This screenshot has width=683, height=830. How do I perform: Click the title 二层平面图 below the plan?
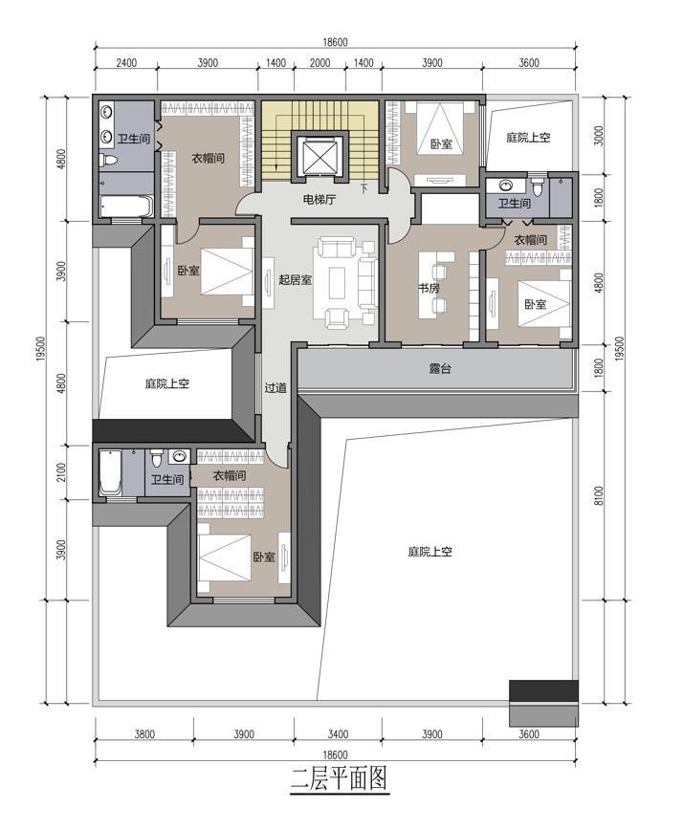340,778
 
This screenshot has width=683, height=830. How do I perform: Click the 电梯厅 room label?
319,200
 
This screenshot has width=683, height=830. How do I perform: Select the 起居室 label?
295,279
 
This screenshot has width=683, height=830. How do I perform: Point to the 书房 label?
429,289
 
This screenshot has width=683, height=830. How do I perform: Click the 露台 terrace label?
440,368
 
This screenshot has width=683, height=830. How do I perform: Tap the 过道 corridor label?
275,387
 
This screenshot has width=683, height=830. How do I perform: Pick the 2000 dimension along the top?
319,63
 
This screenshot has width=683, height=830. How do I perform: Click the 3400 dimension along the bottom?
338,734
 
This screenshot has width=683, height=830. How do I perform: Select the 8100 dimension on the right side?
599,496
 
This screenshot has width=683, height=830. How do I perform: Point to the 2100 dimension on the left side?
61,472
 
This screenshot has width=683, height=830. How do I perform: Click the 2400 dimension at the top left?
126,63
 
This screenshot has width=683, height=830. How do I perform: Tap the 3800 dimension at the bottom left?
144,734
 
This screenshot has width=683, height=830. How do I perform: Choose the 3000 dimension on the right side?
599,136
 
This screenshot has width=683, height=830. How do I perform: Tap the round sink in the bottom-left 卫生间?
180,456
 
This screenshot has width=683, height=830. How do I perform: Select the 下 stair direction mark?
364,186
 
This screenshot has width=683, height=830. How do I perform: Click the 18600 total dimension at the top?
336,42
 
